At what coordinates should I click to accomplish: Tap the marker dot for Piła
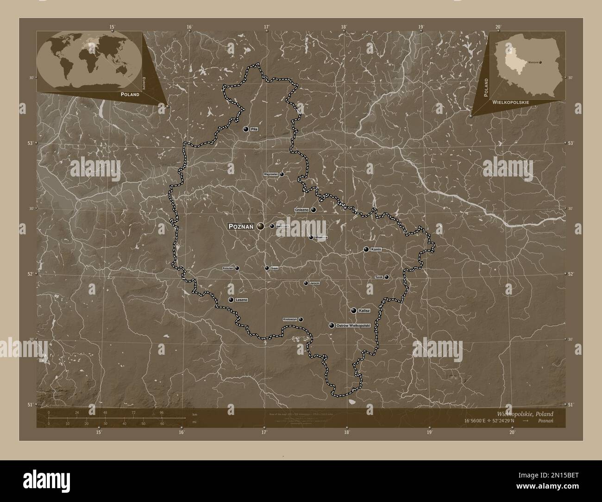click(x=246, y=129)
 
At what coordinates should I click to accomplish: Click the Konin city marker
click(x=366, y=249)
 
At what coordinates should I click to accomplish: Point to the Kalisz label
click(x=364, y=310)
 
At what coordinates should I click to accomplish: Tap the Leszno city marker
click(x=231, y=300)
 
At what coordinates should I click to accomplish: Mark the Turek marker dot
click(x=387, y=277)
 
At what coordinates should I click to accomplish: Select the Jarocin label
click(x=315, y=283)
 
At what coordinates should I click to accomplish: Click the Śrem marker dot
click(x=267, y=268)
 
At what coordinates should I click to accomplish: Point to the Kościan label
click(x=227, y=268)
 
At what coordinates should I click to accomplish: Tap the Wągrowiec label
click(x=270, y=174)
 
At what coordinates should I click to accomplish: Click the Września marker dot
click(x=311, y=237)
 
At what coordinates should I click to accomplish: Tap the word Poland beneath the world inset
click(x=130, y=94)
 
